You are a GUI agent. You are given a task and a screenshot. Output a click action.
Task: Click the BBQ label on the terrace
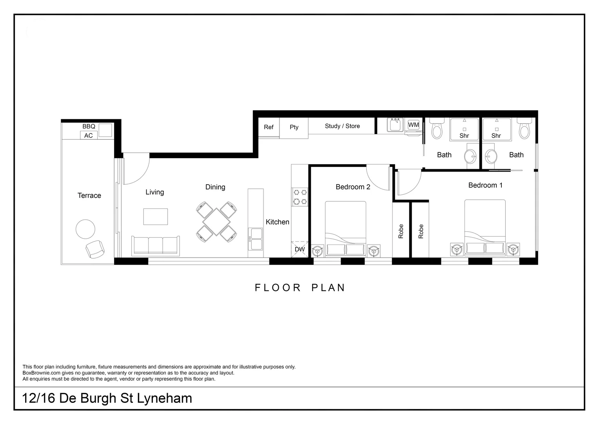click(89, 126)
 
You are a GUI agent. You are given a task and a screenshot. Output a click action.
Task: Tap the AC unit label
click(89, 135)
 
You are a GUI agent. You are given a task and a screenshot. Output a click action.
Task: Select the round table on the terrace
click(85, 229)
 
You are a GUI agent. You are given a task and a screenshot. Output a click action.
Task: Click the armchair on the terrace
click(95, 249)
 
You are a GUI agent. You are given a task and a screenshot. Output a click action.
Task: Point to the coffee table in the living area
click(155, 217)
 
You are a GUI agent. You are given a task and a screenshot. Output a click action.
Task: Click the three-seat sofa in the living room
click(156, 246)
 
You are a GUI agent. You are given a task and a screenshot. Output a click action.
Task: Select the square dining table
click(216, 222)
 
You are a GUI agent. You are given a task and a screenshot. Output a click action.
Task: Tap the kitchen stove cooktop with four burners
click(300, 197)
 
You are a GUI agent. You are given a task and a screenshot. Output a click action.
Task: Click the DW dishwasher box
click(300, 249)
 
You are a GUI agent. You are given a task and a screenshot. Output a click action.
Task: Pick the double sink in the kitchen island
click(256, 239)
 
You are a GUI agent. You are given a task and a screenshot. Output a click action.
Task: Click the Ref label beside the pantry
click(269, 127)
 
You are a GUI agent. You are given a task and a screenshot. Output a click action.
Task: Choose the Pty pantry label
click(294, 127)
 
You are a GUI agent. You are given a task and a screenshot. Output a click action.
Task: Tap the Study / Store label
click(342, 126)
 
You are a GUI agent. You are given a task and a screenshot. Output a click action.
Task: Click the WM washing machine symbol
click(414, 125)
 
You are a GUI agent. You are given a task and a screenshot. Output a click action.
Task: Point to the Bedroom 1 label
click(485, 185)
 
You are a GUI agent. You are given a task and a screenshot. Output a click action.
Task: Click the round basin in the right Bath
click(491, 157)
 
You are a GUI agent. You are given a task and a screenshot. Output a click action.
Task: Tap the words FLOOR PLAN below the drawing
click(300, 288)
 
